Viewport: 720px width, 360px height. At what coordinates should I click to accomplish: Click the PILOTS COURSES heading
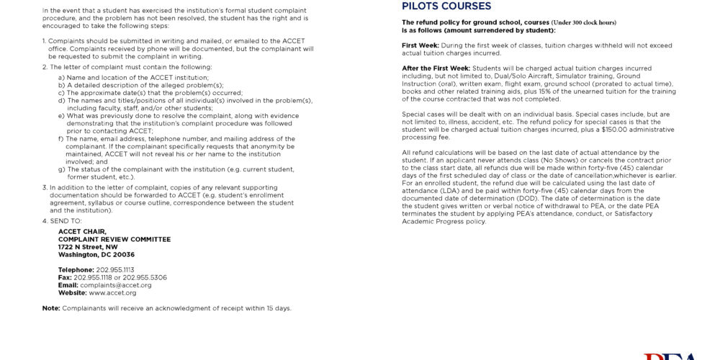pyautogui.click(x=446, y=6)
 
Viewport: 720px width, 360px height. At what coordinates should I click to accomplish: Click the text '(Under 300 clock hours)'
pyautogui.click(x=584, y=22)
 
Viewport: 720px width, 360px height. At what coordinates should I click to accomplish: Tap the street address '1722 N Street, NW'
pyautogui.click(x=88, y=247)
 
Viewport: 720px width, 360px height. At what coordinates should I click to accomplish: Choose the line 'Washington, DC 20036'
pyautogui.click(x=96, y=255)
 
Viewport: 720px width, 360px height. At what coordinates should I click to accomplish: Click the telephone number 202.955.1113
pyautogui.click(x=115, y=270)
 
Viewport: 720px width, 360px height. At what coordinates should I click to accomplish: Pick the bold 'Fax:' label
pyautogui.click(x=65, y=277)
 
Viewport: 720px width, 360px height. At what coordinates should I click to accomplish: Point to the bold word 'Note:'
pyautogui.click(x=51, y=308)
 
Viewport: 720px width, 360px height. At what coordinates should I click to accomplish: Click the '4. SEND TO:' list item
pyautogui.click(x=62, y=220)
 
